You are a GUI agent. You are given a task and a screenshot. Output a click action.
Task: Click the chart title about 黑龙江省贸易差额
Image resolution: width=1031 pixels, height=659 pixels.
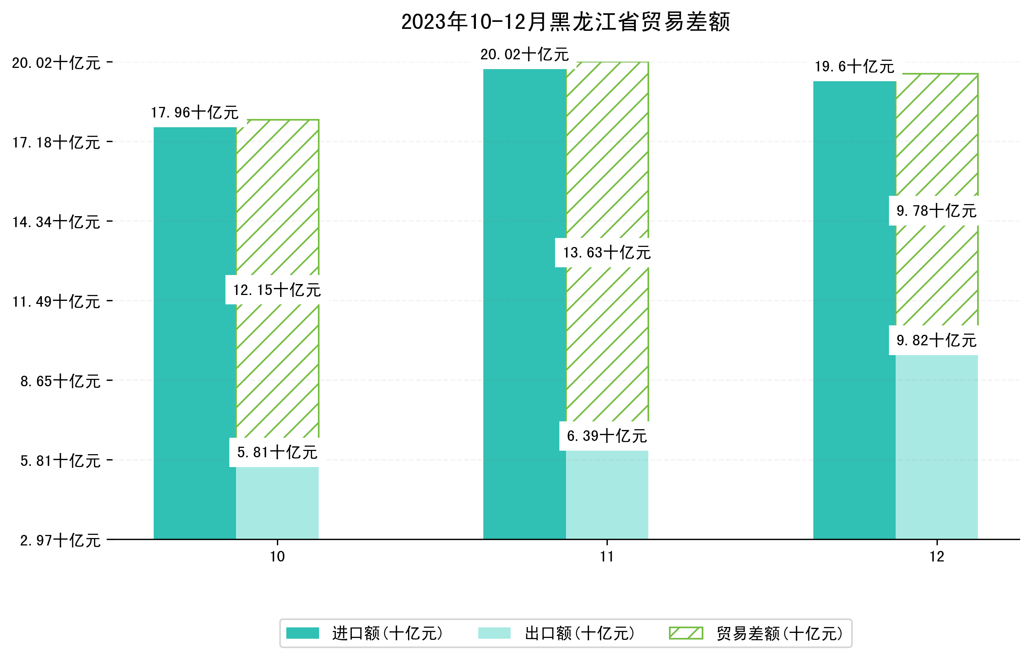point(565,22)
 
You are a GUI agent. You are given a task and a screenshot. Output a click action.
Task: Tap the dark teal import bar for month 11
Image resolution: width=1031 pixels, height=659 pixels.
point(525,304)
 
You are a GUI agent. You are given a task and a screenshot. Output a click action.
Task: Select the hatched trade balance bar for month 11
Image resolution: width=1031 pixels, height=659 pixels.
point(607,343)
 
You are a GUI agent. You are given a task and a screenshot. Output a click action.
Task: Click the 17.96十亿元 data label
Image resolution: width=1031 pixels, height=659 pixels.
point(195,113)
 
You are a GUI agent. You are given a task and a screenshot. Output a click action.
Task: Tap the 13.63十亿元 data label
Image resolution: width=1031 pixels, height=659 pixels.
point(607,253)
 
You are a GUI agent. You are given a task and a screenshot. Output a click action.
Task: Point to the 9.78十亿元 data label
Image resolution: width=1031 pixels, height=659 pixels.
point(936,211)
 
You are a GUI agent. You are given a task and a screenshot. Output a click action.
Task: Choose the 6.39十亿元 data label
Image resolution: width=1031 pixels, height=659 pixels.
point(607,436)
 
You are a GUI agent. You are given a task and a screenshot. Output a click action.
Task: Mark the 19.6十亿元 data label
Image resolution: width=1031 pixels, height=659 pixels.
point(854,66)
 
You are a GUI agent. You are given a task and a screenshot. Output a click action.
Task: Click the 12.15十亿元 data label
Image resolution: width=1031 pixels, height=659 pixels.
point(277,290)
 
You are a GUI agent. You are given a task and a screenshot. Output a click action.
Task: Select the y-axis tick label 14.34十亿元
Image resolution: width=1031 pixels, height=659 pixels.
point(56,222)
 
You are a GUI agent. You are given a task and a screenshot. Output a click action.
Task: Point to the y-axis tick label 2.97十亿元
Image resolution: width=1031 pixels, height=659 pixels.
point(60,540)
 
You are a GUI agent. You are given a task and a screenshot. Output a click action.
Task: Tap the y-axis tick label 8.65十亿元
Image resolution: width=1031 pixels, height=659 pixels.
point(60,381)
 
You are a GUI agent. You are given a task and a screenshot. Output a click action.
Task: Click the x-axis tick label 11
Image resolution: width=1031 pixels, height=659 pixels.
point(607,557)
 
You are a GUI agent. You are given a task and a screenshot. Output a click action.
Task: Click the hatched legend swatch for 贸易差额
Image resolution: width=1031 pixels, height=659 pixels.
point(686,633)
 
